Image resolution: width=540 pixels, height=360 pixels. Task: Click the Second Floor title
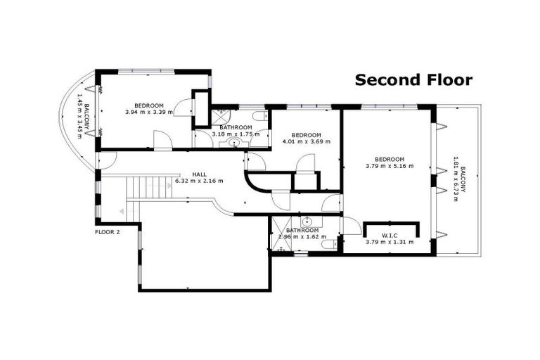coord(413,80)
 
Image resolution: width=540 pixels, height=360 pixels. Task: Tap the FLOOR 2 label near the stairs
coord(108,231)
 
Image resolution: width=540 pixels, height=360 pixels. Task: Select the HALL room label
coord(199,174)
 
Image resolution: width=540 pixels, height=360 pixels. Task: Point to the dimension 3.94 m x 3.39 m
coord(149,112)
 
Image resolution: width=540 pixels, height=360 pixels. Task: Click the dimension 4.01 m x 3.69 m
coord(306,141)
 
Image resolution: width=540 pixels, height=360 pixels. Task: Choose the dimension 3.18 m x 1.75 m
coord(236,134)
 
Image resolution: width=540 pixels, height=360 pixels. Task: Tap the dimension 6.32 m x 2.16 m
coord(199,181)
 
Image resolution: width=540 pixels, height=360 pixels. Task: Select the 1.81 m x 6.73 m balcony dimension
coord(456,179)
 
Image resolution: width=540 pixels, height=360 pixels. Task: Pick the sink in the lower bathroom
coord(307,221)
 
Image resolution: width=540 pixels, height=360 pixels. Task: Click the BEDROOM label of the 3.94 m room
coord(149,105)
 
